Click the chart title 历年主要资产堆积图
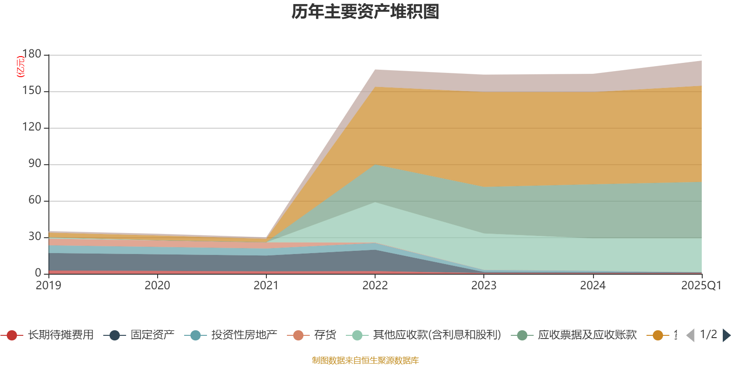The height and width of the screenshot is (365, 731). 365,12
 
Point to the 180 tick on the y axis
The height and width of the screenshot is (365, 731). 32,54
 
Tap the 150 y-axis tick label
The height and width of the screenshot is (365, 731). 32,91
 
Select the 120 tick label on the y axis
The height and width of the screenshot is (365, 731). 32,127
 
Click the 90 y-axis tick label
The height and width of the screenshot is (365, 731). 35,164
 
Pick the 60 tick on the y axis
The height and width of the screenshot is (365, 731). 35,200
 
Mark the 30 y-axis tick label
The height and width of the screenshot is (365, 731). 35,237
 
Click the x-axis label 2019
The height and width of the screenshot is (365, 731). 49,286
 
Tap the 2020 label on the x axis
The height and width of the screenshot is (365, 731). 158,286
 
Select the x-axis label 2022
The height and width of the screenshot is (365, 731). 375,286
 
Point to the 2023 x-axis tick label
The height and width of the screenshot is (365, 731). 484,286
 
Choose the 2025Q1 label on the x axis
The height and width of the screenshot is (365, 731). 701,286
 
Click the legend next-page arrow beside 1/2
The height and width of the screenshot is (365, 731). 726,335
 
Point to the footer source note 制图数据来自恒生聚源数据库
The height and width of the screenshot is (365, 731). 365,360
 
